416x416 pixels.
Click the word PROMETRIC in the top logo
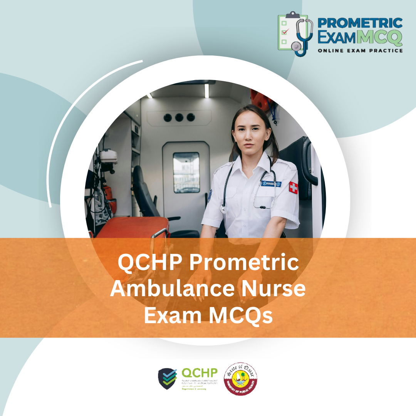pyautogui.click(x=360, y=23)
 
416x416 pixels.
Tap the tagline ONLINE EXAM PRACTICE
pyautogui.click(x=360, y=50)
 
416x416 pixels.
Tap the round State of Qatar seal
pyautogui.click(x=241, y=379)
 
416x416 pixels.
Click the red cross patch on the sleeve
pyautogui.click(x=294, y=188)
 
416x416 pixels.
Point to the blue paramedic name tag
pyautogui.click(x=271, y=184)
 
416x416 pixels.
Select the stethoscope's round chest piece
pyautogui.click(x=223, y=209)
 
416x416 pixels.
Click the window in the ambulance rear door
pyautogui.click(x=186, y=172)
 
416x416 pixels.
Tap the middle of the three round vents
pyautogui.click(x=179, y=117)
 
